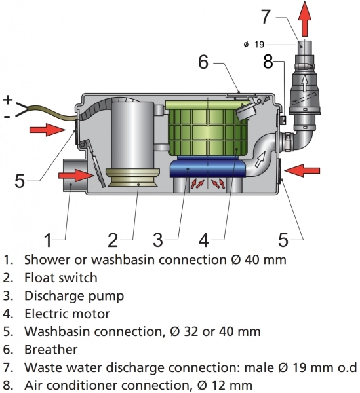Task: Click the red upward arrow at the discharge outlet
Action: point(305,18)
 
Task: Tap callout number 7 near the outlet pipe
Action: point(266,16)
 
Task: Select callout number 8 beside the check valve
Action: point(268,61)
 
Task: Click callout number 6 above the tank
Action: point(203,62)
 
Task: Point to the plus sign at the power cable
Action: point(8,100)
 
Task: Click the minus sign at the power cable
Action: point(7,117)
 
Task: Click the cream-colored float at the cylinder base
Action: point(132,178)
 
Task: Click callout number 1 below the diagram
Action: point(48,240)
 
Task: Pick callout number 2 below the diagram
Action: point(113,240)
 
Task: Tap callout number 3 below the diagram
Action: point(158,240)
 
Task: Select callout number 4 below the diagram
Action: point(204,240)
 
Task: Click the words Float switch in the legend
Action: point(61,278)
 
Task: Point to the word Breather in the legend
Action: point(51,350)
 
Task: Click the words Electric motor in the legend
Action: point(68,314)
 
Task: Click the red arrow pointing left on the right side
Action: point(302,171)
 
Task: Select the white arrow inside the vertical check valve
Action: point(305,83)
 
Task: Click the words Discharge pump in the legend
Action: point(74,296)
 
